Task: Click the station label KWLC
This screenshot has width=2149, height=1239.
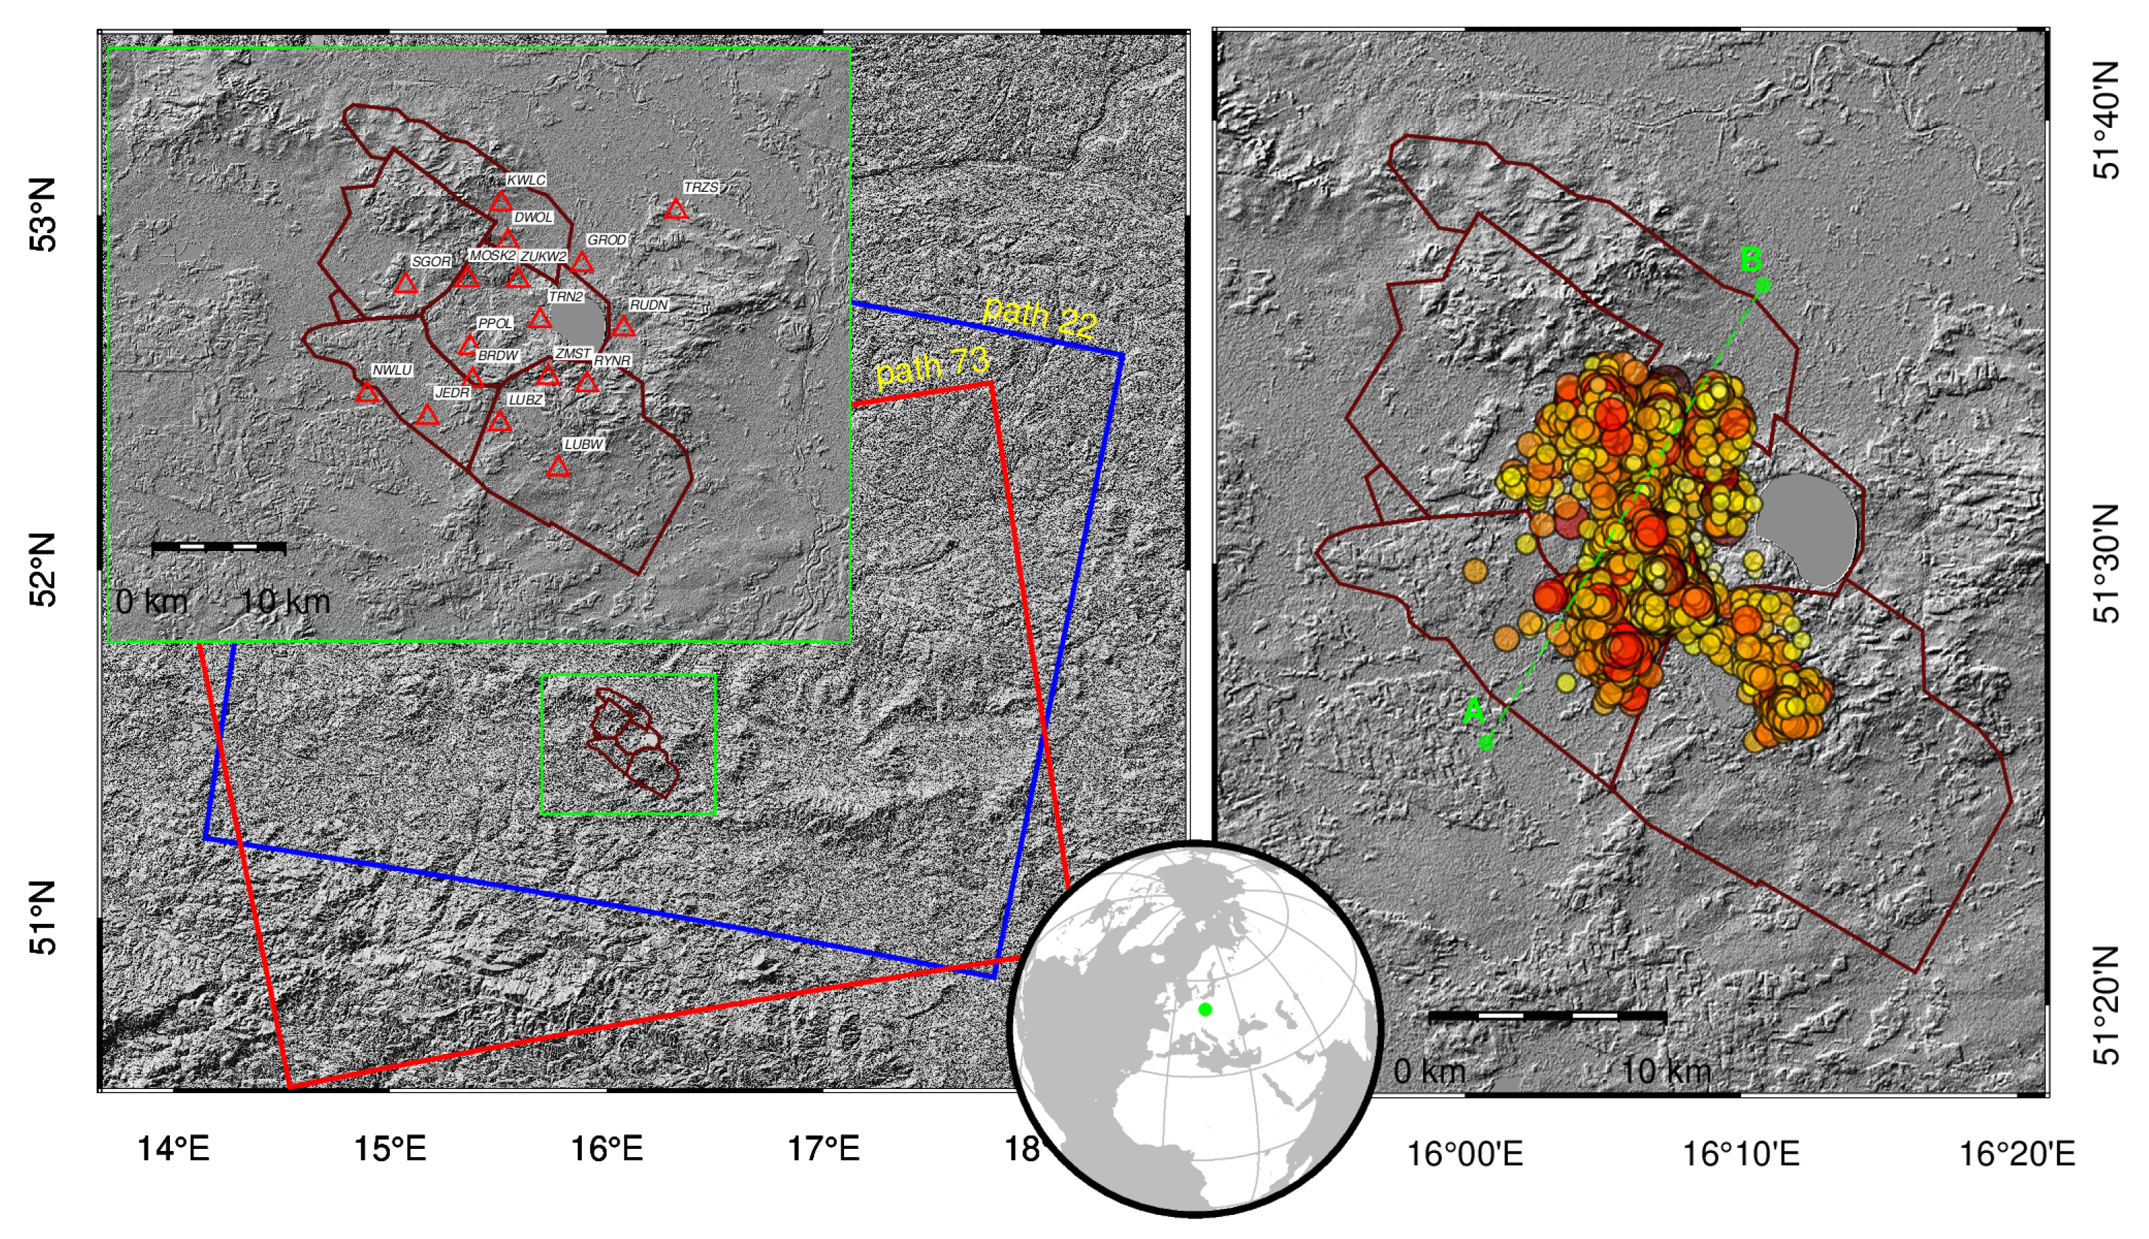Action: click(526, 180)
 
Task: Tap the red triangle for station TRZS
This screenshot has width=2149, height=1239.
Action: click(676, 209)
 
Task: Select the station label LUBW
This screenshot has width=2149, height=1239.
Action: click(583, 445)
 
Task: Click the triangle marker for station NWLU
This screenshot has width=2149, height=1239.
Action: click(367, 392)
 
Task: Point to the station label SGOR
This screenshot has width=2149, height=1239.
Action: click(431, 262)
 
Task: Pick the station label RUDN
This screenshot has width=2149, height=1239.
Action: click(648, 305)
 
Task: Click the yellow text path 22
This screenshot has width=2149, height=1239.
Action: click(1039, 316)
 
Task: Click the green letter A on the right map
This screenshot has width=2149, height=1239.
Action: click(1473, 711)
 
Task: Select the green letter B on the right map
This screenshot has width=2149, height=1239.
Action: click(1751, 259)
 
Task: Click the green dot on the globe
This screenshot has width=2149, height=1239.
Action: click(1205, 1009)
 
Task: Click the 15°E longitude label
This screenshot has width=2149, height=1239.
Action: click(389, 1150)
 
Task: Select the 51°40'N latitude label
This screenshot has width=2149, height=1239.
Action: click(2106, 120)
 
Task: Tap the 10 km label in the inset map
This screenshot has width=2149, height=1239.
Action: click(285, 603)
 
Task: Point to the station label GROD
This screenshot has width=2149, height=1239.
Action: click(607, 241)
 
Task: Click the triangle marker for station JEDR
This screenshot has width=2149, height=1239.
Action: click(427, 416)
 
